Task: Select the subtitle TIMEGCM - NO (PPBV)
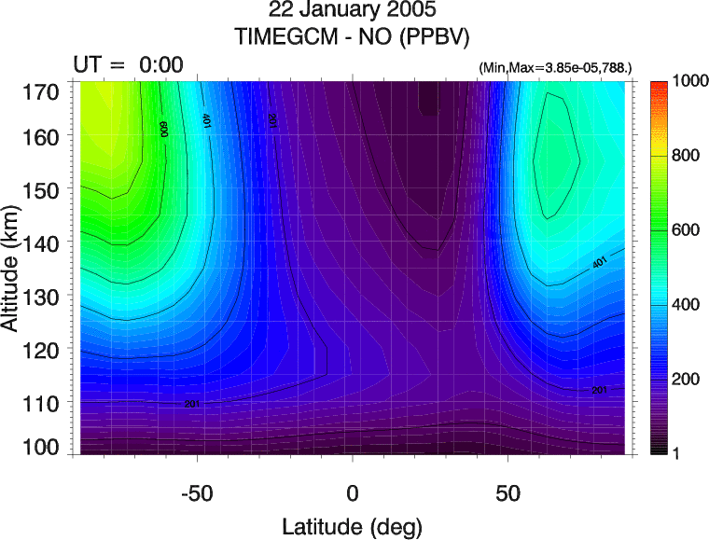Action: pyautogui.click(x=352, y=36)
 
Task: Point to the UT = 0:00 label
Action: pyautogui.click(x=128, y=64)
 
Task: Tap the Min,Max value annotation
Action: pyautogui.click(x=554, y=68)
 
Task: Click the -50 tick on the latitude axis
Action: pyautogui.click(x=197, y=492)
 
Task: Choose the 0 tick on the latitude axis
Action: pyautogui.click(x=353, y=492)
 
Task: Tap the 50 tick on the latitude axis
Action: pyautogui.click(x=507, y=492)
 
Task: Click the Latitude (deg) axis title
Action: pyautogui.click(x=353, y=526)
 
